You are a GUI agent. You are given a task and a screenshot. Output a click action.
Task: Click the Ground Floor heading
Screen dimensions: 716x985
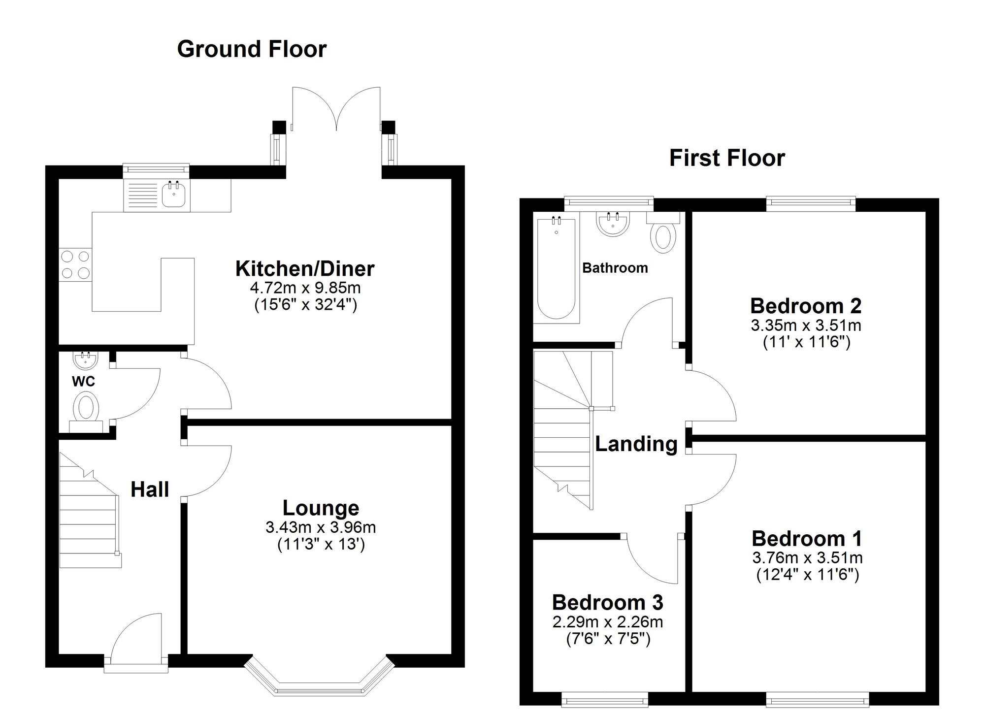[x=252, y=49]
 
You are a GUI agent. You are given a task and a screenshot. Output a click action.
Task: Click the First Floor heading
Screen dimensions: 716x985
[x=727, y=159]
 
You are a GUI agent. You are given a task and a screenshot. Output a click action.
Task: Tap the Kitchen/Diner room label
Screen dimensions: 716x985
[x=305, y=269]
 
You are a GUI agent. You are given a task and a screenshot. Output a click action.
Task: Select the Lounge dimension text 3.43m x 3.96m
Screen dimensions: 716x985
[x=321, y=527]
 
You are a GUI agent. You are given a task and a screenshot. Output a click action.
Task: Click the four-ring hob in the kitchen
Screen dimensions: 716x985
[x=75, y=265]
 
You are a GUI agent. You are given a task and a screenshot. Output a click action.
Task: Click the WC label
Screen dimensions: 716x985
[x=83, y=381]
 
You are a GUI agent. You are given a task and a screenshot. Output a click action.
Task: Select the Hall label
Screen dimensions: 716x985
[x=150, y=489]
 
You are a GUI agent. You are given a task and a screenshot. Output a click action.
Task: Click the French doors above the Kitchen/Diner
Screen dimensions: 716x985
[x=337, y=111]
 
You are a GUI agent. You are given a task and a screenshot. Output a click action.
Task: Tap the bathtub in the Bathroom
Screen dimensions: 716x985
[x=556, y=268]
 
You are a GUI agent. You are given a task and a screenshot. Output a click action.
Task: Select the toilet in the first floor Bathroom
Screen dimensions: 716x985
[x=663, y=237]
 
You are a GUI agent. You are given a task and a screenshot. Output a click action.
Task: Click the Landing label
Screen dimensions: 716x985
[x=636, y=444]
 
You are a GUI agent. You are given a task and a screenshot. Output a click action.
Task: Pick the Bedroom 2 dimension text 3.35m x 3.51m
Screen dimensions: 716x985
[x=806, y=325]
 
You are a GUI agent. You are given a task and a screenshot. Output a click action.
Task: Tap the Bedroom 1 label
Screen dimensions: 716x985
[x=807, y=539]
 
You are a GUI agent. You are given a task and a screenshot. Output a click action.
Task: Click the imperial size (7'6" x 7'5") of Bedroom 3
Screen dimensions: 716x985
[x=608, y=639]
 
